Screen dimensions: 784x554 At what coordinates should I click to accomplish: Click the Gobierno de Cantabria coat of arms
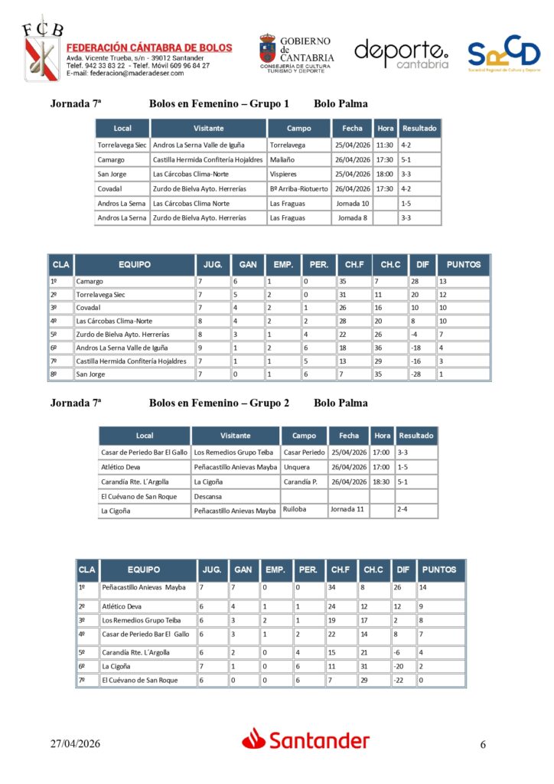[268, 50]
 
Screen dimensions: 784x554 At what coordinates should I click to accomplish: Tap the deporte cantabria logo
[401, 54]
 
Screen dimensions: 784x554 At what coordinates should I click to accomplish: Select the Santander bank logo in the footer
[306, 740]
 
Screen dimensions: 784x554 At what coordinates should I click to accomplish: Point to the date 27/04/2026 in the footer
[76, 743]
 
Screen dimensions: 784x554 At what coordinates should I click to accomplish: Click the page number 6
[483, 744]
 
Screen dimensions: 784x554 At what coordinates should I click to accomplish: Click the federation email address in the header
[125, 73]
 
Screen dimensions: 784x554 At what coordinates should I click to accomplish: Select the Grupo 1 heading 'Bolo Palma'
[341, 104]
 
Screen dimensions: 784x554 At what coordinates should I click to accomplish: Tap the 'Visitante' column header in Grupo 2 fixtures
[235, 436]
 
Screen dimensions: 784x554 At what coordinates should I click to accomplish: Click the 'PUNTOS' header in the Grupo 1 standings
[464, 265]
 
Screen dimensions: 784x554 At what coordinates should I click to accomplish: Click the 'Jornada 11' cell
[347, 510]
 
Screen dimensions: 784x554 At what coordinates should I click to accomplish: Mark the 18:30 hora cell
[380, 482]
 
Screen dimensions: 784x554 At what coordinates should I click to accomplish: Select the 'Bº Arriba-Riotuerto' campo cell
[299, 188]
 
